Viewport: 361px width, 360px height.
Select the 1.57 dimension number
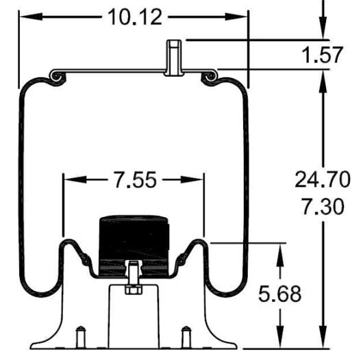[x=321, y=54]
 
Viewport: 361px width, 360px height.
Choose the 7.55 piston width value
[x=134, y=180]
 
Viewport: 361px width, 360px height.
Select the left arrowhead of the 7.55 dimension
[x=71, y=180]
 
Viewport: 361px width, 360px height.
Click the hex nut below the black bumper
[x=132, y=290]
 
